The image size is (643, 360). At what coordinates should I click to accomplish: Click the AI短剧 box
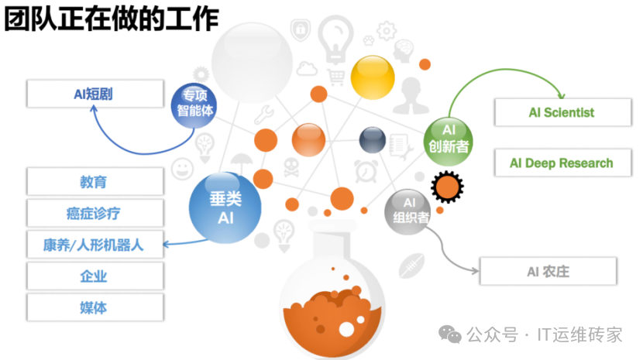point(95,94)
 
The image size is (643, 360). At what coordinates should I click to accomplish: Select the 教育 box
point(95,181)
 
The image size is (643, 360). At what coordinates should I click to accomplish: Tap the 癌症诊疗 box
point(95,213)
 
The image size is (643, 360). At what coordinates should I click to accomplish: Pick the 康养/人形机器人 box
point(95,245)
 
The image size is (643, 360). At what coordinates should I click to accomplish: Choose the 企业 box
point(95,276)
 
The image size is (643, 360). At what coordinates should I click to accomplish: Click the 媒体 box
point(95,307)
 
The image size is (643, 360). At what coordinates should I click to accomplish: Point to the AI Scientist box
point(562,112)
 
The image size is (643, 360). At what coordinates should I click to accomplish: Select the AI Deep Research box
point(562,163)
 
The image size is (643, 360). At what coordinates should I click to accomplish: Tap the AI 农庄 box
point(548,271)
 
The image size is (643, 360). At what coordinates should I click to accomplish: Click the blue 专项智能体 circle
point(194,105)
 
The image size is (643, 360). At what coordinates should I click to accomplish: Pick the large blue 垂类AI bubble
point(225,207)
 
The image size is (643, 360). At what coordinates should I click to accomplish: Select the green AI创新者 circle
point(449,142)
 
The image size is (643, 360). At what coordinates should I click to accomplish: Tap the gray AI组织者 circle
point(407,212)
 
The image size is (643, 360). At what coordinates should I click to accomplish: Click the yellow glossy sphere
point(373,77)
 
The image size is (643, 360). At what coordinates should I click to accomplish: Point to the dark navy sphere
point(373,140)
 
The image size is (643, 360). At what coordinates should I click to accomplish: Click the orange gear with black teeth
point(448,187)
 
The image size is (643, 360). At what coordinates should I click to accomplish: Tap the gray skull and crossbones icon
point(291,168)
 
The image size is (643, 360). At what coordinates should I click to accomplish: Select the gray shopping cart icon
point(336,77)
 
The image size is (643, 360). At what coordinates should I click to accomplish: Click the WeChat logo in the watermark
point(450,334)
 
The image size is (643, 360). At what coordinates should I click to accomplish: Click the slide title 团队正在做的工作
point(112,19)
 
